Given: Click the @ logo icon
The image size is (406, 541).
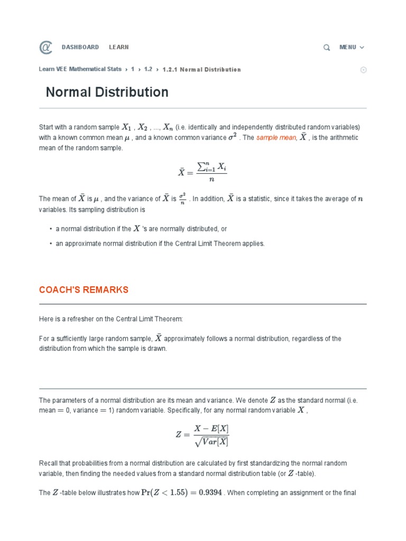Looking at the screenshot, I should (x=46, y=48).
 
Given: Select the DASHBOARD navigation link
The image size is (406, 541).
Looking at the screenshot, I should (x=80, y=47).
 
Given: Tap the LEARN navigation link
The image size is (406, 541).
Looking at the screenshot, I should (x=119, y=47).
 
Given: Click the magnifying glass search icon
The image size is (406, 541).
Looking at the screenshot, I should (x=327, y=48).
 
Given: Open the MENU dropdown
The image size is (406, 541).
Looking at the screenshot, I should (x=352, y=47).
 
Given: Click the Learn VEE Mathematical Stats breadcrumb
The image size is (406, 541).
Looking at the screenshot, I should (x=80, y=69).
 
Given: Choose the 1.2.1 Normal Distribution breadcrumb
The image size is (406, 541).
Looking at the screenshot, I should (x=201, y=69).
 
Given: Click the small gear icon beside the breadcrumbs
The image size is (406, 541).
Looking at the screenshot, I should (x=363, y=70).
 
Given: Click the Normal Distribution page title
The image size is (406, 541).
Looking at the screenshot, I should (x=107, y=92).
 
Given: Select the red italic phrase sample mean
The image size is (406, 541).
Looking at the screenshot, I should (x=276, y=138).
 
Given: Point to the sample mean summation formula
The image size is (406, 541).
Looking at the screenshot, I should (x=202, y=172).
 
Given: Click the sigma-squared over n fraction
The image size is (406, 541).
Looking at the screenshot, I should (x=183, y=199).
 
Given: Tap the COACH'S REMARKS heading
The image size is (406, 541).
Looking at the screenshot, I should (x=84, y=290).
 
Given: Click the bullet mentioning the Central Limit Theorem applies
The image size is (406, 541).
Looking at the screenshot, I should (x=160, y=244).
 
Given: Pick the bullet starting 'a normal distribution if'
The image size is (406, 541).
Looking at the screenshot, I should (x=141, y=229).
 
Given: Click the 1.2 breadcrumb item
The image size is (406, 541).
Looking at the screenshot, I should (x=148, y=69).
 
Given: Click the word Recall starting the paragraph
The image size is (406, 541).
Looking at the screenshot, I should (x=48, y=463).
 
